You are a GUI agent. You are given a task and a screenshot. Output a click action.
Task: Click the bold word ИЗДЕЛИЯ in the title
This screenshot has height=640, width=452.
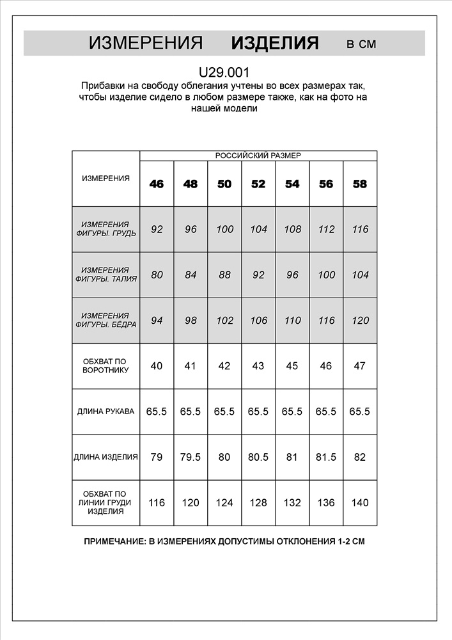[x=274, y=44]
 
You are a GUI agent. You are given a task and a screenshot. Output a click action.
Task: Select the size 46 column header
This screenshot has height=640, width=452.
[x=157, y=184]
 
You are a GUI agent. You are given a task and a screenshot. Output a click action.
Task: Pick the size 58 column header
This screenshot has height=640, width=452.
[x=360, y=184]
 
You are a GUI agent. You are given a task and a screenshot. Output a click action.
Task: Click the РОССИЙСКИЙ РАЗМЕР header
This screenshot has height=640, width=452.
[x=258, y=156]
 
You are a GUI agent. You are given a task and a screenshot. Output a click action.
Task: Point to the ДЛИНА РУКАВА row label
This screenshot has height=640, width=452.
[x=105, y=412]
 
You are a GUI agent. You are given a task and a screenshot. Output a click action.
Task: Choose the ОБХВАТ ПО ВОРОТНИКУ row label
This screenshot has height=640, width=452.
[x=105, y=366]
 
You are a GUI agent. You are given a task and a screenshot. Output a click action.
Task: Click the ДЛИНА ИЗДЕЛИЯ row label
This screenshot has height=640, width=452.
[x=105, y=457]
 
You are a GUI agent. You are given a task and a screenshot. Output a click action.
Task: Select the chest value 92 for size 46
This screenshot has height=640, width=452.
[x=157, y=229]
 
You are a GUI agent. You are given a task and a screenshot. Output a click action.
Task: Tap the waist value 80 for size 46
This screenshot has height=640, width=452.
[x=157, y=275]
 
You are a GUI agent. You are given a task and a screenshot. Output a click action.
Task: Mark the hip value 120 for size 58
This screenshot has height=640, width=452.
[x=360, y=321]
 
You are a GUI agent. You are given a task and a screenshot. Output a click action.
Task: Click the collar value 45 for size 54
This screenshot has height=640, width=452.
[x=292, y=366]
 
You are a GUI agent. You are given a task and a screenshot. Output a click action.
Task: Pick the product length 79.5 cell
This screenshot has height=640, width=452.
[x=191, y=457]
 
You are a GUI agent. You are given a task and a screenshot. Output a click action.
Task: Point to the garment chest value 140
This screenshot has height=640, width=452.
[x=360, y=503]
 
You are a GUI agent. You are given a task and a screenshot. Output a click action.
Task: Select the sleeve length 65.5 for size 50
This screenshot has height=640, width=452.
[x=224, y=412]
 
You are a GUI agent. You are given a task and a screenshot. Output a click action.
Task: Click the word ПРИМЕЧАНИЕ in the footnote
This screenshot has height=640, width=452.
[x=113, y=541]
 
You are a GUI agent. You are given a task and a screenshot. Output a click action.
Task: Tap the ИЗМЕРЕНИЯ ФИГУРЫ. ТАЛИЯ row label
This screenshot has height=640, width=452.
[x=105, y=275]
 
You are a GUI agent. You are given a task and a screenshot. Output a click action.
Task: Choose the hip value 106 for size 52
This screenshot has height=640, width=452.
[x=258, y=321]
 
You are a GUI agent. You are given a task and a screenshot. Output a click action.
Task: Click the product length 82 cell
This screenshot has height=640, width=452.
[x=360, y=457]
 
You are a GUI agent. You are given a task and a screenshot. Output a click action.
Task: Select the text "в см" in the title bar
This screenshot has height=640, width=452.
[x=361, y=44]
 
